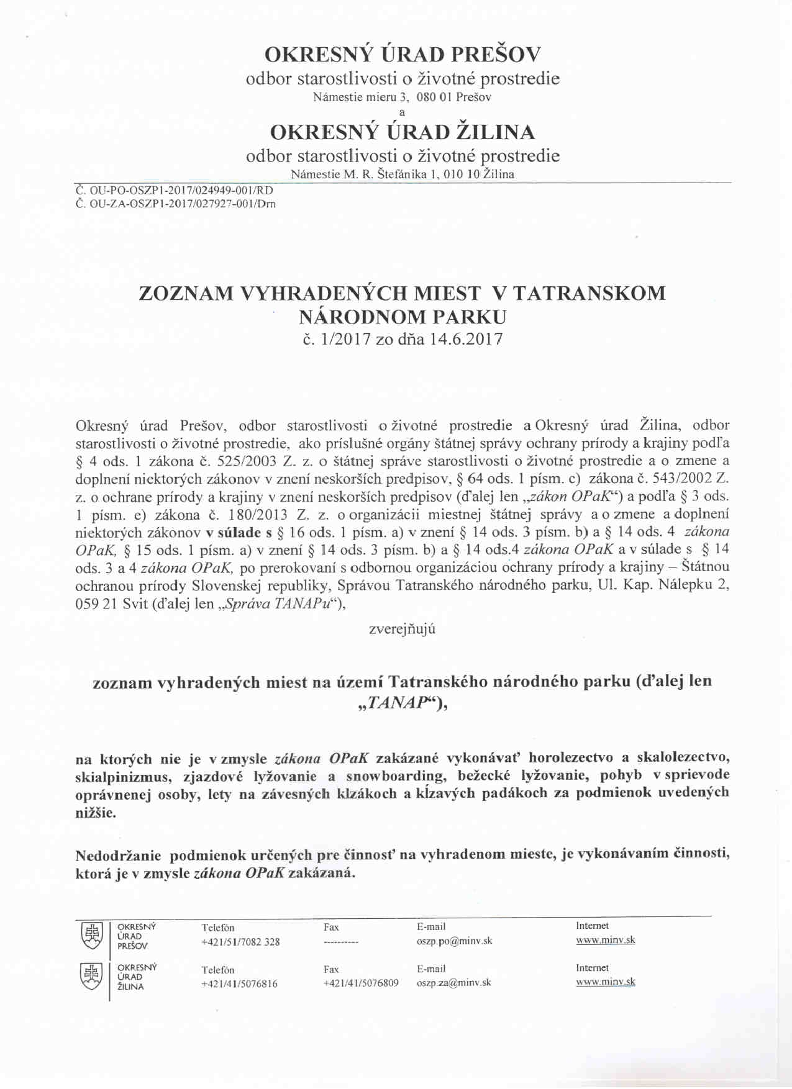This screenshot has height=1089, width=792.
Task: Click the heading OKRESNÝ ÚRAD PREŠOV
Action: (x=403, y=55)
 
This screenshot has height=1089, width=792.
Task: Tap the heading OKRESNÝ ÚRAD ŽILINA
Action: (x=403, y=132)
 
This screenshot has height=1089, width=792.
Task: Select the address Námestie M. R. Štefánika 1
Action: (x=368, y=174)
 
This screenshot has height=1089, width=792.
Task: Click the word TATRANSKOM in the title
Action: (x=589, y=293)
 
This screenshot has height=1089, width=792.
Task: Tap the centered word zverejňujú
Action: (x=402, y=629)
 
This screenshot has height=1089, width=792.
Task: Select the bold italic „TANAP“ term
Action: (x=398, y=703)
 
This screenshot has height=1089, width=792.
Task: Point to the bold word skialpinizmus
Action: (x=123, y=777)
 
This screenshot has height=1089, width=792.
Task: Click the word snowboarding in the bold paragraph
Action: (x=395, y=776)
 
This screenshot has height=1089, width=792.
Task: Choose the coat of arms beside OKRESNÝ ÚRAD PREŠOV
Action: (x=92, y=936)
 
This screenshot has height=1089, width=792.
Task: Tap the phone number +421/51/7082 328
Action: (x=240, y=942)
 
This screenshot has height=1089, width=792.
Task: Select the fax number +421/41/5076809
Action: (x=361, y=983)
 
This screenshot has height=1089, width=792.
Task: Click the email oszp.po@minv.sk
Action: (x=454, y=941)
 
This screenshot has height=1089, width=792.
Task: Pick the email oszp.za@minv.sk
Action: (x=453, y=983)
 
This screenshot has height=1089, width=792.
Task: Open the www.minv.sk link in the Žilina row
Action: (x=605, y=982)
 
